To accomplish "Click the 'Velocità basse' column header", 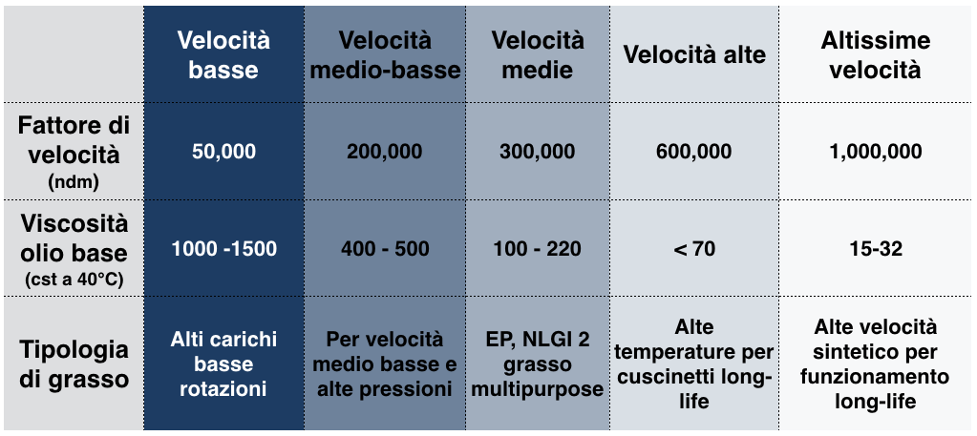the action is [x=223, y=54].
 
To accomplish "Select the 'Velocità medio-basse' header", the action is [x=385, y=54].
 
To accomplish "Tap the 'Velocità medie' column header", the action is [x=538, y=54].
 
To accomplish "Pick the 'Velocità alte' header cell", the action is [x=694, y=54].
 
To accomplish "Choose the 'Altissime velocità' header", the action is [x=876, y=54].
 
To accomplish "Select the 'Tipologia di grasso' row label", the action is [x=74, y=363].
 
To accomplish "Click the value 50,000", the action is [x=223, y=152].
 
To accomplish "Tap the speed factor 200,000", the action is [x=385, y=152].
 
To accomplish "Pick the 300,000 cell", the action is [x=538, y=152].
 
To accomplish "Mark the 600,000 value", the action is [x=694, y=152].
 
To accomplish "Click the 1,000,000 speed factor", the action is [x=876, y=152].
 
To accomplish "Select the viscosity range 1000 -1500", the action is [x=223, y=249].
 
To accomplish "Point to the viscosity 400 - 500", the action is [x=385, y=249].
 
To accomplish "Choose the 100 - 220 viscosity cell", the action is [x=538, y=249].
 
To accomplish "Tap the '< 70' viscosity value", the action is [x=694, y=249].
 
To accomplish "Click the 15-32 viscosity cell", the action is [x=876, y=249].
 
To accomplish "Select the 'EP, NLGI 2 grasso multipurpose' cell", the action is [x=538, y=364].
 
